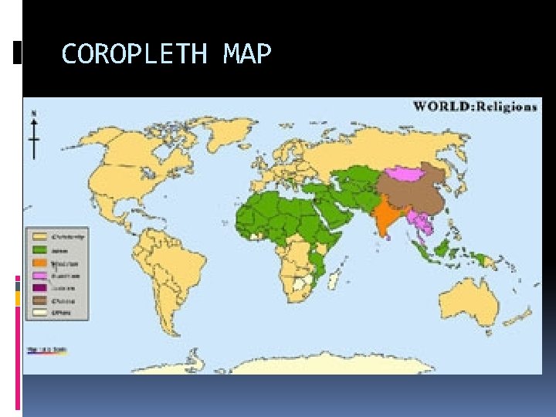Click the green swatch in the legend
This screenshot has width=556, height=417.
(x=39, y=249)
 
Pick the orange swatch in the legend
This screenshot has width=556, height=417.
(x=39, y=262)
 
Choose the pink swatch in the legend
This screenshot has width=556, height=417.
(x=39, y=275)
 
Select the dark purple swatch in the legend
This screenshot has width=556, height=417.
(x=39, y=288)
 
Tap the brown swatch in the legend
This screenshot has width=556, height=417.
(x=39, y=301)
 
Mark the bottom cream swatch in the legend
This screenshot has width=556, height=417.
(x=39, y=314)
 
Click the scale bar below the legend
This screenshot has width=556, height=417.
(x=46, y=350)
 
